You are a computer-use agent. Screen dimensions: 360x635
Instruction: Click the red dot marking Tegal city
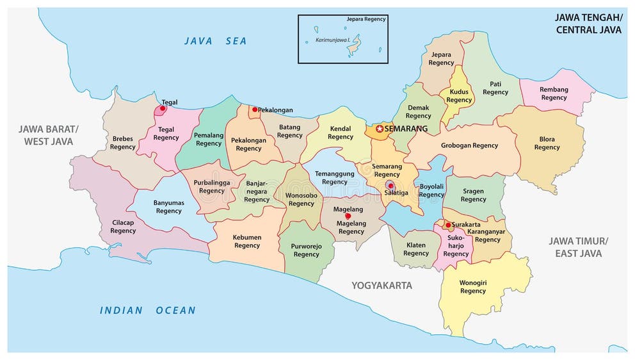163,109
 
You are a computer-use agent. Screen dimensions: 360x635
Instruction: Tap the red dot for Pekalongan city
255,110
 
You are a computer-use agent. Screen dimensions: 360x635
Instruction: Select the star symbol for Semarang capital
379,129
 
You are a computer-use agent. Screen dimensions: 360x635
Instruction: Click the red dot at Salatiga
390,185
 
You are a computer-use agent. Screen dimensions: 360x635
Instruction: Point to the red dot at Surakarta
447,225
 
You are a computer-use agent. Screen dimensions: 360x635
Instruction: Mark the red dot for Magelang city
348,216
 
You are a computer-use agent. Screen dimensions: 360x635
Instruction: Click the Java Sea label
215,41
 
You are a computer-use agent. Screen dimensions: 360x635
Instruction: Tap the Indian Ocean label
147,311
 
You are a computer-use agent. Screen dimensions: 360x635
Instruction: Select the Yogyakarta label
382,285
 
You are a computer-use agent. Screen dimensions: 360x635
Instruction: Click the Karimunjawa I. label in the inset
332,40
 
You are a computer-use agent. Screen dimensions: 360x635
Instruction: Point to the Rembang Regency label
554,94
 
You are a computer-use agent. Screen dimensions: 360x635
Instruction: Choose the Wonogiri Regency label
472,286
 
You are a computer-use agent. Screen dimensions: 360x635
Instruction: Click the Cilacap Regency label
123,227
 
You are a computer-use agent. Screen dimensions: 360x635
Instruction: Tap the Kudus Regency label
459,96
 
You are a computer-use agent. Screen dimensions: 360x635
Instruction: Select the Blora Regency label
547,143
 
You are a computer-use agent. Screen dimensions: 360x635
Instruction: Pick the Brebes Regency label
123,142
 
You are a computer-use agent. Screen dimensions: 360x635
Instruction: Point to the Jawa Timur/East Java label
578,247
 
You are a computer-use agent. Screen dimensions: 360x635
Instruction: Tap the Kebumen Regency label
246,241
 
